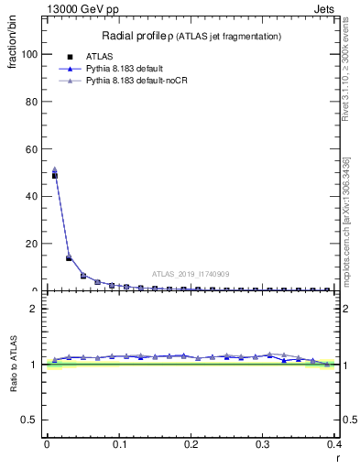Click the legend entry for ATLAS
[x=113, y=56]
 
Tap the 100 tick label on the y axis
[x=30, y=54]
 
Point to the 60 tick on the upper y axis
[x=33, y=149]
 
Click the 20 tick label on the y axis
[x=33, y=244]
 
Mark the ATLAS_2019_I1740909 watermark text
[x=191, y=274]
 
